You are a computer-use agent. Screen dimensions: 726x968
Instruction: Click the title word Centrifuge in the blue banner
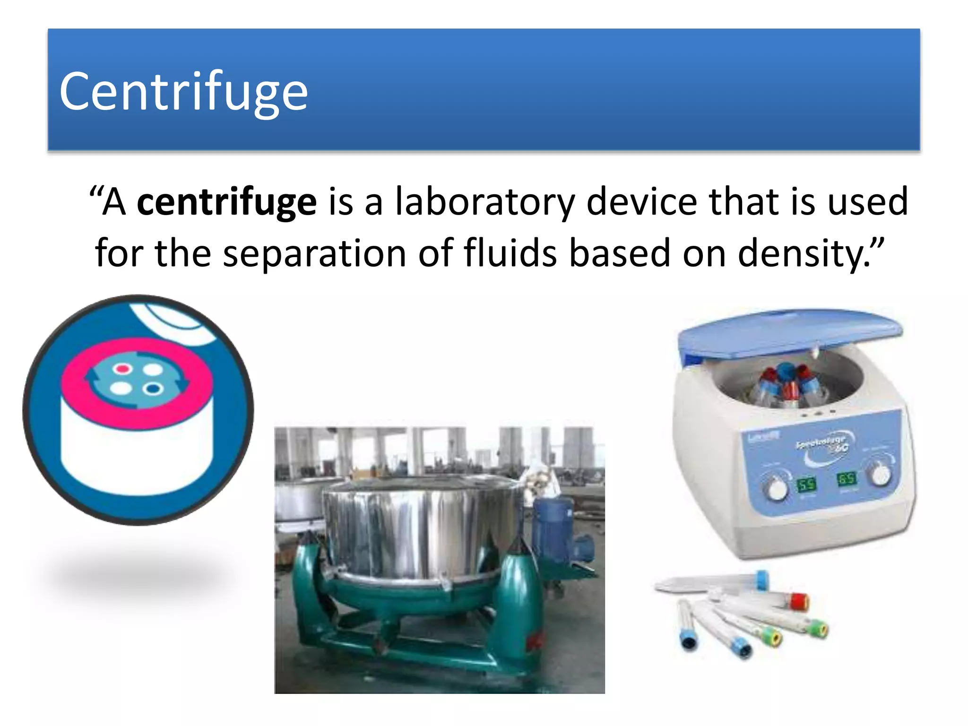coord(183,91)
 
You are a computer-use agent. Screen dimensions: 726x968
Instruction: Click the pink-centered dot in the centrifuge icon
coord(123,368)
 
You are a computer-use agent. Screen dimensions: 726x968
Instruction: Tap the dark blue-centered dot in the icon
coord(152,389)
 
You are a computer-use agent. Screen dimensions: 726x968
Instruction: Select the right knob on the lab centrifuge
coord(880,474)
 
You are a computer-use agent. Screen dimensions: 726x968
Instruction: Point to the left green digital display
coord(806,484)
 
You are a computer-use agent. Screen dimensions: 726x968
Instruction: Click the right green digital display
coord(846,479)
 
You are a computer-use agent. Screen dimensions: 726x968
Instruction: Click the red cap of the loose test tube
coord(800,601)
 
